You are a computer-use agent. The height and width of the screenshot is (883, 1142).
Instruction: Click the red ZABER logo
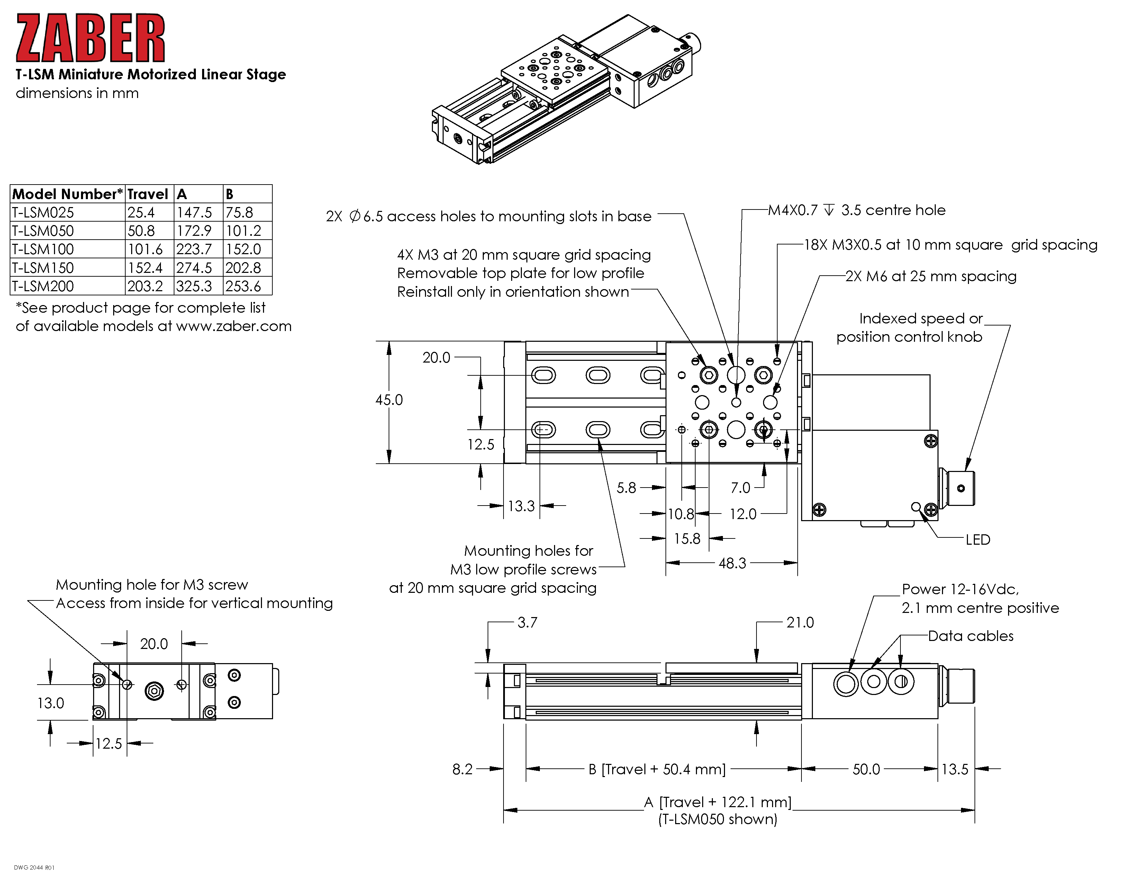[x=90, y=38]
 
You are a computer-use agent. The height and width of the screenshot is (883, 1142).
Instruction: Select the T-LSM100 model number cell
[x=43, y=249]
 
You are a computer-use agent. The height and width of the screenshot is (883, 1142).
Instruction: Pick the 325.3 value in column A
[x=194, y=286]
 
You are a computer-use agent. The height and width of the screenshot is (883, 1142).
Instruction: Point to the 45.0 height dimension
[x=389, y=400]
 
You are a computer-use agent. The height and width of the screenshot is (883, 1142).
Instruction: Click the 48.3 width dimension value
[x=732, y=563]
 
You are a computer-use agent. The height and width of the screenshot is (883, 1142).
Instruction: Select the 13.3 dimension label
[x=521, y=506]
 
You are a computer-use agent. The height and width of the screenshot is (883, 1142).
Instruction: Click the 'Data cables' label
[x=970, y=636]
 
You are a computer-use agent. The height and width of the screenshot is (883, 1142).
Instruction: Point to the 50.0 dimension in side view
[x=866, y=769]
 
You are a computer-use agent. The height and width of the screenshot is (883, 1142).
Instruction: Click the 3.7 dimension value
[x=527, y=623]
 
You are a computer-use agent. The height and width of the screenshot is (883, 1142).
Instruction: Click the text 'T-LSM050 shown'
[x=717, y=819]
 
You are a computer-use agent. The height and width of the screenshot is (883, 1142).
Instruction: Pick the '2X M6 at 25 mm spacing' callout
[x=931, y=276]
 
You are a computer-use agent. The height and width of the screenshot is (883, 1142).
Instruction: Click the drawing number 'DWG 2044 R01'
[x=34, y=868]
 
